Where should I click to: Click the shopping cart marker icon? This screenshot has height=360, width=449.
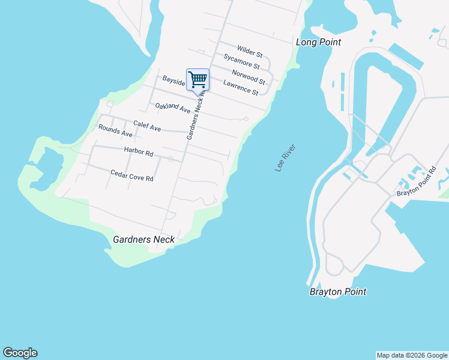coord(198,80)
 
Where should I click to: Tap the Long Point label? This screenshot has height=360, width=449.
coord(318,42)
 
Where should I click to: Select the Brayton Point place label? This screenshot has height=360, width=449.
coord(338,292)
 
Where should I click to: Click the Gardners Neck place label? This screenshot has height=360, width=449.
coord(144,239)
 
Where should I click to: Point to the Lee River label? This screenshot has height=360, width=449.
coord(286,158)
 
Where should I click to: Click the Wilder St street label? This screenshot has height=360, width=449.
coord(250,50)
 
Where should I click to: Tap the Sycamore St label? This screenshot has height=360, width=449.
coord(241,61)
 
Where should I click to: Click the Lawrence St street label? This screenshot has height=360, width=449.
coord(240,88)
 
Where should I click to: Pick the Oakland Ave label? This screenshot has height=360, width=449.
coord(173,109)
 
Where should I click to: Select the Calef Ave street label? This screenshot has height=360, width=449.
coord(147,127)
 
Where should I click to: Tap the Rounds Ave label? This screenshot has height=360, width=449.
coord(115,130)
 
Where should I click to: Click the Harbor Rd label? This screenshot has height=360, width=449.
coord(139,151)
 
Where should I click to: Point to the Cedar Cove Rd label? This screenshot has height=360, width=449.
coord(132,175)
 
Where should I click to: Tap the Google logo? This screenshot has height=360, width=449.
coord(20,353)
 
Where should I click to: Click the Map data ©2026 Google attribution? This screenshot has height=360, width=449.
coord(412,355)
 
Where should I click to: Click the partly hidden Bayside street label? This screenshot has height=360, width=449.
coord(173,81)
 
